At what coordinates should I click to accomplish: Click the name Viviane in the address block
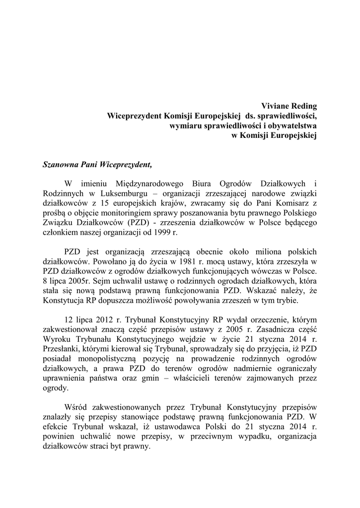tap(276, 106)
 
